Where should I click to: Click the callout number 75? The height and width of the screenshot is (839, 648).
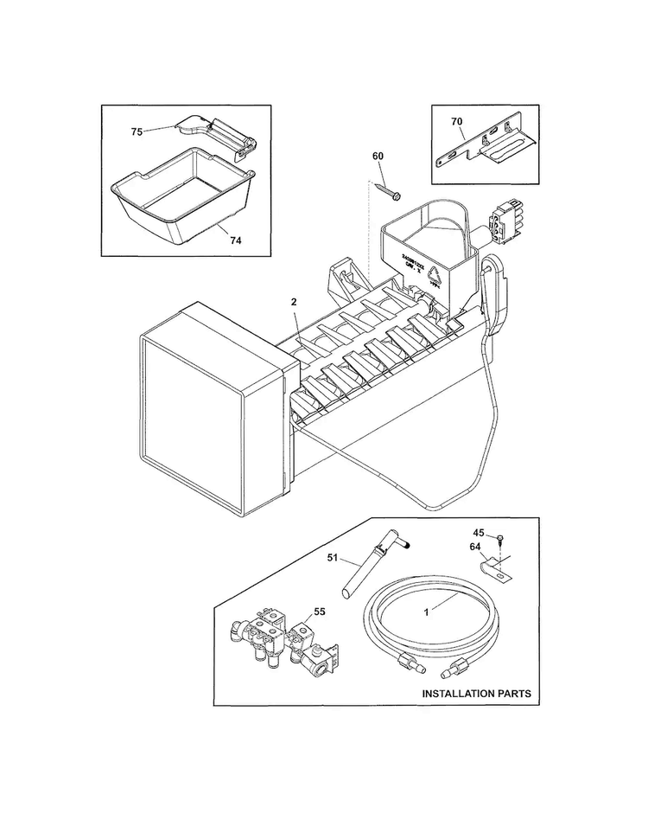click(137, 131)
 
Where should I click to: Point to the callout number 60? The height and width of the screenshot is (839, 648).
click(378, 156)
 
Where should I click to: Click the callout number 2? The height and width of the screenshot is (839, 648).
click(294, 301)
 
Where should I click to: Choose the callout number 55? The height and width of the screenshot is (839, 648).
click(319, 612)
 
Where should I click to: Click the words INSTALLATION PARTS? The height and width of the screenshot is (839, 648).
click(476, 694)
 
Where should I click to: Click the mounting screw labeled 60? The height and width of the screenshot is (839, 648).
click(386, 191)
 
